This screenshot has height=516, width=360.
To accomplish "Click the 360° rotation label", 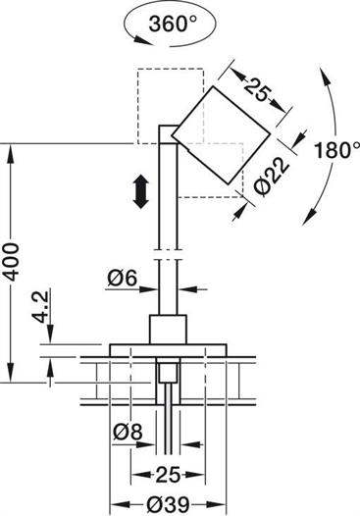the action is [x=173, y=24].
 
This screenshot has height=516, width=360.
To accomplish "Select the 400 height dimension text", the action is [x=12, y=262].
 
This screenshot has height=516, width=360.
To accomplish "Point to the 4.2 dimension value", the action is [x=41, y=307].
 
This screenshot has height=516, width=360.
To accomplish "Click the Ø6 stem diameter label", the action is [x=122, y=279].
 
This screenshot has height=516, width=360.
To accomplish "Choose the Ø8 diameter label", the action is [x=128, y=432].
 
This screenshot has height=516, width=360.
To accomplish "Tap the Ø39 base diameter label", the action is [x=169, y=504].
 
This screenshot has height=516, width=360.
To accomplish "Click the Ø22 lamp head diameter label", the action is [x=272, y=178].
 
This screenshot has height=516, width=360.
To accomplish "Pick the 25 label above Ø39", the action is [x=168, y=475].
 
